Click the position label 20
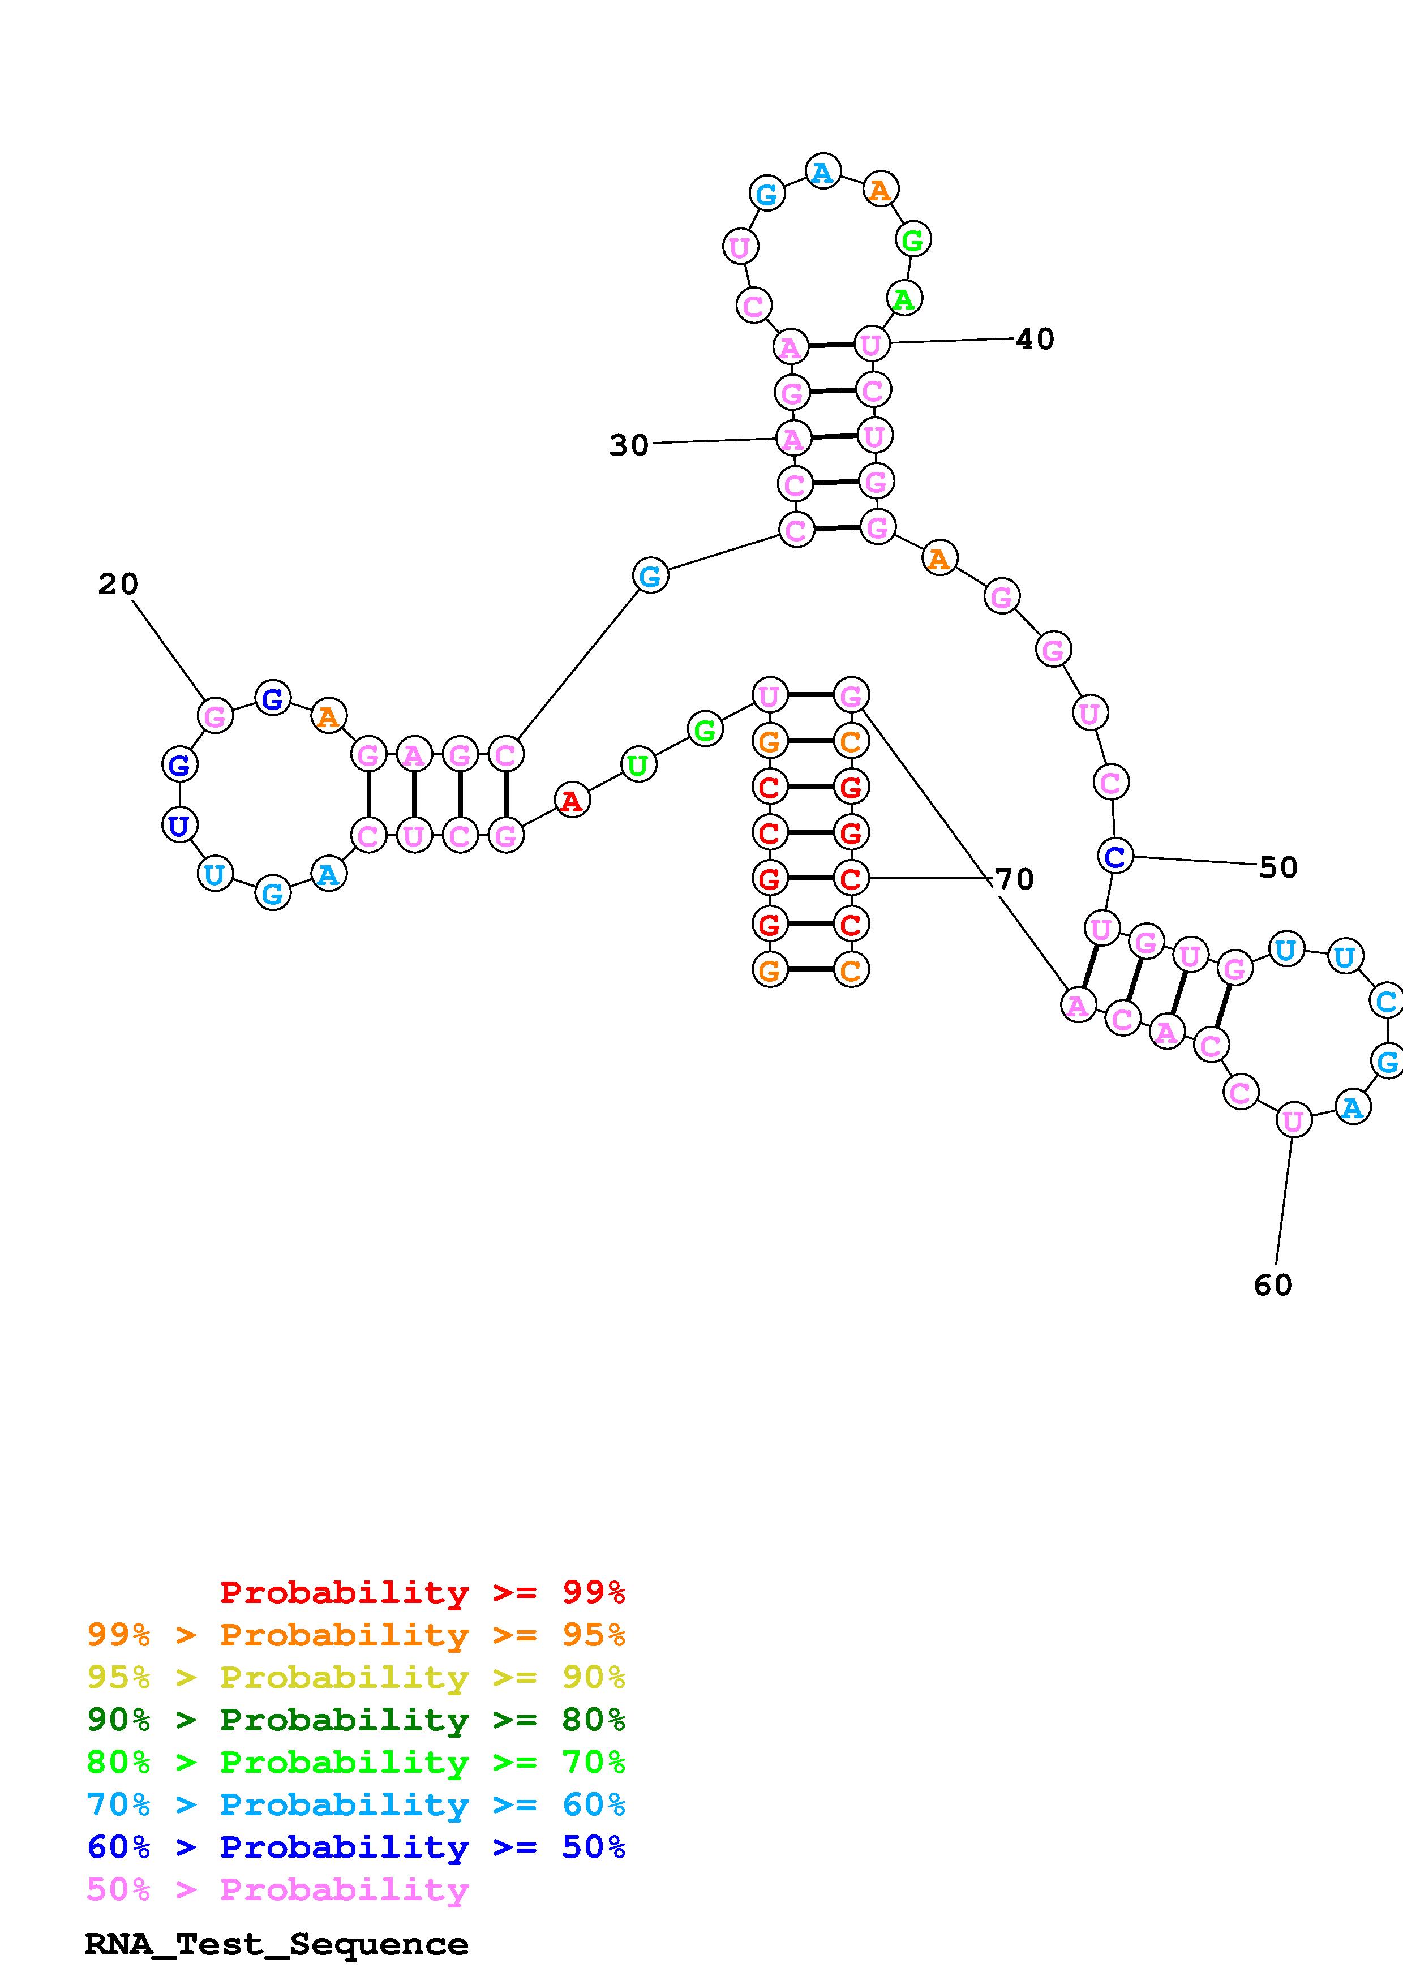tap(118, 585)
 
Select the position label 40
tap(1035, 339)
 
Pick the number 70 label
tap(1014, 879)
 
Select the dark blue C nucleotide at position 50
tap(1115, 857)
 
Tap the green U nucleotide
tap(638, 765)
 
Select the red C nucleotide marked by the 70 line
tap(851, 878)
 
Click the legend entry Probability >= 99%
tap(422, 1592)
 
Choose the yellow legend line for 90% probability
tap(355, 1677)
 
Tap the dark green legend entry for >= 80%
tap(355, 1720)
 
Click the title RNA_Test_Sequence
tap(277, 1944)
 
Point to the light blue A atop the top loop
tap(822, 172)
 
